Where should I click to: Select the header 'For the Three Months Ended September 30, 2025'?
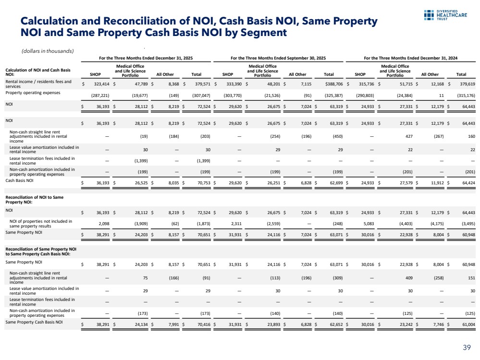(278, 58)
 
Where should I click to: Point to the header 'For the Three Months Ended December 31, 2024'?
(411, 58)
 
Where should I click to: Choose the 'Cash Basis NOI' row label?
(20, 181)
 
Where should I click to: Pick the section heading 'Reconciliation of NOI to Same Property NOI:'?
(35, 199)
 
